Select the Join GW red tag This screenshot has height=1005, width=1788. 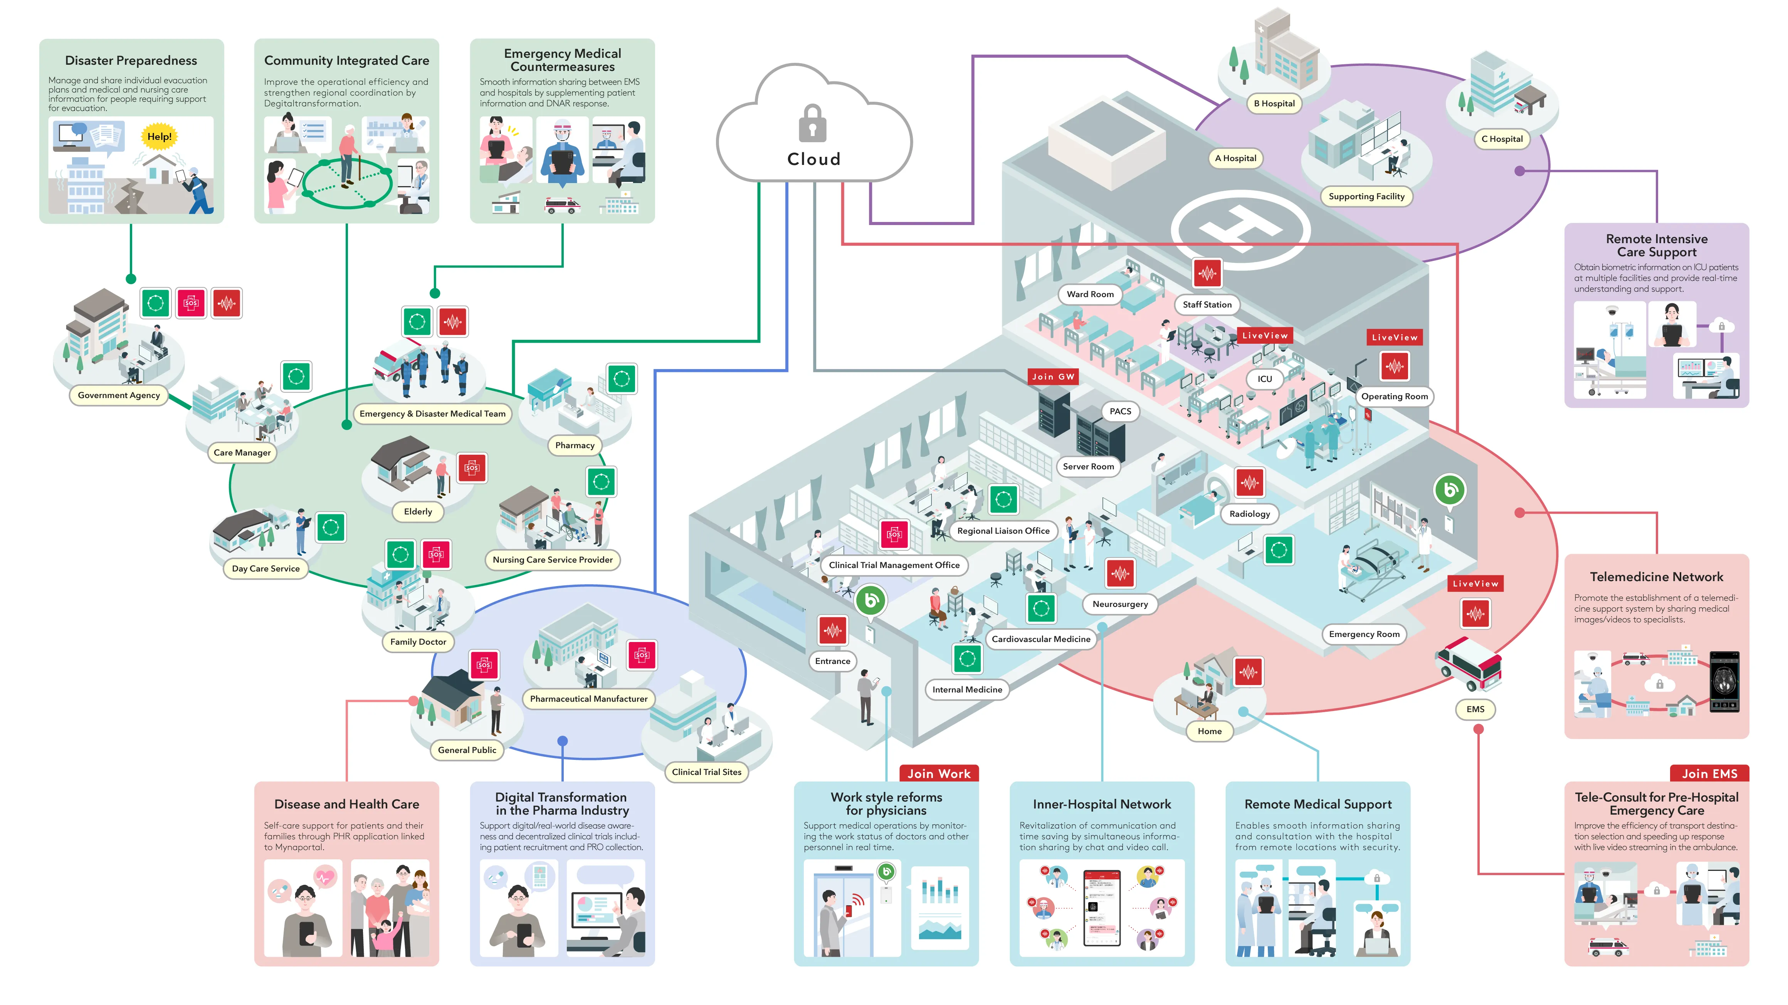[x=1053, y=377]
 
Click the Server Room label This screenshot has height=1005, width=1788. [x=1088, y=466]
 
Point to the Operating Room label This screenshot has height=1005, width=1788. [x=1395, y=396]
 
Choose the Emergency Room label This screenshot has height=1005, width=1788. [x=1364, y=634]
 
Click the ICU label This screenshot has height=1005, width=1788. [x=1265, y=379]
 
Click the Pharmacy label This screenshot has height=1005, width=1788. [x=575, y=445]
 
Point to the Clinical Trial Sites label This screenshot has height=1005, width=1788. [x=707, y=772]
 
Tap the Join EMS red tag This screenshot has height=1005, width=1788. [x=1709, y=773]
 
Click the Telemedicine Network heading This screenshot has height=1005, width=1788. [x=1656, y=577]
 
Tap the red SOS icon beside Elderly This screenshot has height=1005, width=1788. [x=472, y=468]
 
